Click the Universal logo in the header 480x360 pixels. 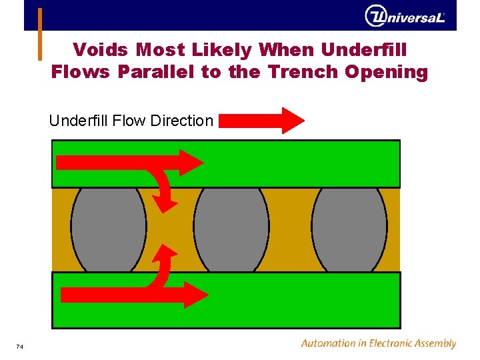[x=405, y=16]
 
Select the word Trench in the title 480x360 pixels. [x=303, y=72]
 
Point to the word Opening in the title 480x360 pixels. [x=387, y=72]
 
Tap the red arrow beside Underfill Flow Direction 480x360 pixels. [x=261, y=121]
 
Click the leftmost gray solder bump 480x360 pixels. [x=109, y=229]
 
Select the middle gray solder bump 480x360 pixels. [x=231, y=229]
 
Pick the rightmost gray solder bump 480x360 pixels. [x=349, y=229]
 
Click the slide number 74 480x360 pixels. [x=20, y=347]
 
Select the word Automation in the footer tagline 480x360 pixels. [x=328, y=344]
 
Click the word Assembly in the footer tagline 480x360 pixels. [x=433, y=344]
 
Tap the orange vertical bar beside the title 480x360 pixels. [x=39, y=33]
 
